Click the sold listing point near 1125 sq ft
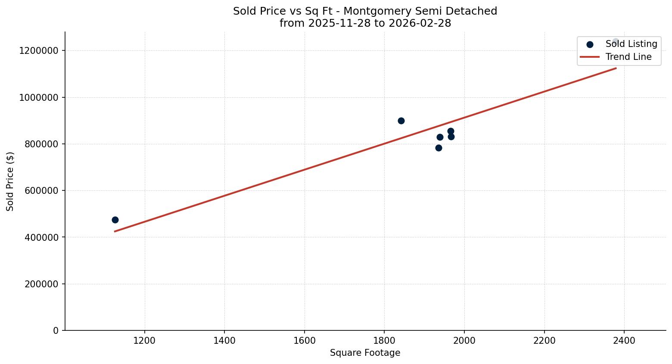pos(115,220)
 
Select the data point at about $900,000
pos(401,121)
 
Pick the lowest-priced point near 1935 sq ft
pos(439,148)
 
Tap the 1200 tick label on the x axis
pos(144,341)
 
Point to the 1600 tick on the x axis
pos(305,341)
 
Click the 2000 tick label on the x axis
pos(464,341)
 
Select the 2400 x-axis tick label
pos(624,341)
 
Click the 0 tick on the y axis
pos(56,330)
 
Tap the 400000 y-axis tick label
pos(39,237)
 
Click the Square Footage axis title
pos(365,353)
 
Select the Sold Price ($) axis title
pos(10,181)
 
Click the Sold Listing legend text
pos(631,44)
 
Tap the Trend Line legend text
pos(628,57)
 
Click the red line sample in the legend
pos(590,57)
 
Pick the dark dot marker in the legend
pos(590,44)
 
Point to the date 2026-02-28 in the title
pos(420,23)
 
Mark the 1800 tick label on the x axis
pos(384,341)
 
